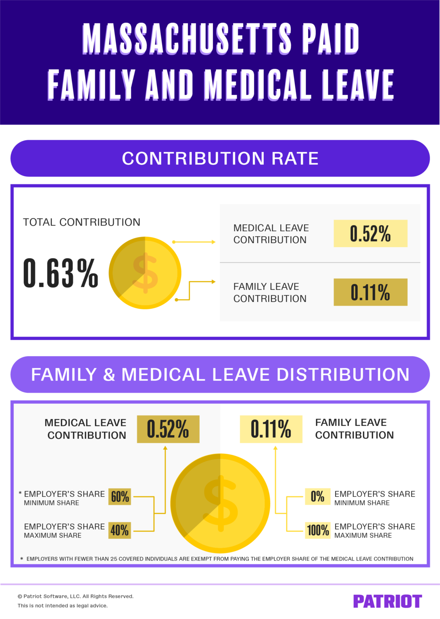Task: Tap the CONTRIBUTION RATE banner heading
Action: point(220,158)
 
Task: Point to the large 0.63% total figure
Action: point(60,274)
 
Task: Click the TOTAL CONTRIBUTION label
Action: point(81,222)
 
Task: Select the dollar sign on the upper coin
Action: point(145,273)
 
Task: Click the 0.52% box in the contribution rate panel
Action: point(370,233)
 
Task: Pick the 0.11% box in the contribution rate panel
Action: point(370,292)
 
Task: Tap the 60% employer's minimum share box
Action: point(120,496)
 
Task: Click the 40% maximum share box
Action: point(120,530)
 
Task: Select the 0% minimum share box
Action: point(317,496)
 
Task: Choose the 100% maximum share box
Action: point(318,530)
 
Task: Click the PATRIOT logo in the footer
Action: point(387,601)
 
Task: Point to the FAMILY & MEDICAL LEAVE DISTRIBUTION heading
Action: point(220,374)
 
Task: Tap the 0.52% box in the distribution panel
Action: point(168,429)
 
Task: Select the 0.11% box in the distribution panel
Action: point(271,429)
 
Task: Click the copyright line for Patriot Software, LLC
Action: point(75,596)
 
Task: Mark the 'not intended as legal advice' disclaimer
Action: point(63,605)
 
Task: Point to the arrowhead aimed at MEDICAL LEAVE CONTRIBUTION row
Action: point(213,242)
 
